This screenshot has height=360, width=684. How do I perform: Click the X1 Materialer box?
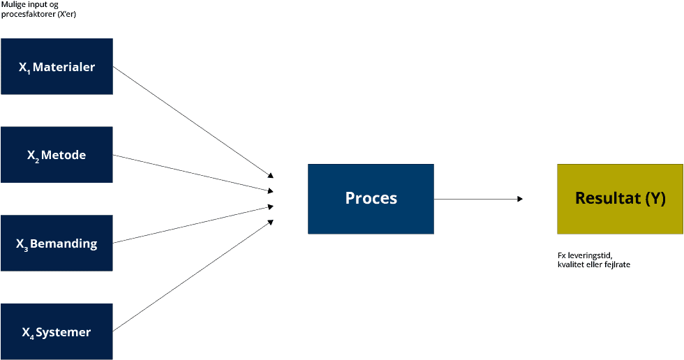coord(57,66)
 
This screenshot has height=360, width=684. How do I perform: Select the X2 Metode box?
coord(57,155)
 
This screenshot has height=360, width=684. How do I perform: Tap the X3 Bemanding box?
coord(57,243)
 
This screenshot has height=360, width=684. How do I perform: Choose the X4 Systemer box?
coord(57,331)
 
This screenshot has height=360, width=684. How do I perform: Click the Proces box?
coord(371,199)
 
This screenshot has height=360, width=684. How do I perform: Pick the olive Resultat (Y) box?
coord(620,199)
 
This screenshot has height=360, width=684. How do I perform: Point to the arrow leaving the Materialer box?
coord(193,122)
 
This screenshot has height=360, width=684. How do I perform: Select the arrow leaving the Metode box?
coord(193,173)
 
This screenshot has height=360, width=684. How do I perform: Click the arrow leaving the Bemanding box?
coord(193,225)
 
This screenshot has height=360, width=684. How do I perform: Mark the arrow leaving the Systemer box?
coord(193,276)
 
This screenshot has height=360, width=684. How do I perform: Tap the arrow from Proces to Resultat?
coord(478,199)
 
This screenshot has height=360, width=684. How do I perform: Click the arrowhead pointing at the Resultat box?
coord(519,199)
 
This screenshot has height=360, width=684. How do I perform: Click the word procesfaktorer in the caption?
coord(29,14)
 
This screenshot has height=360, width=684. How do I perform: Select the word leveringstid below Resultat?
coord(590,255)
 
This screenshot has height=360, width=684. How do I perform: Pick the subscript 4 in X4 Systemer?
coord(32,336)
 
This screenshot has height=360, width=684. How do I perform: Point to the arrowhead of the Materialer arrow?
coord(271,176)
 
